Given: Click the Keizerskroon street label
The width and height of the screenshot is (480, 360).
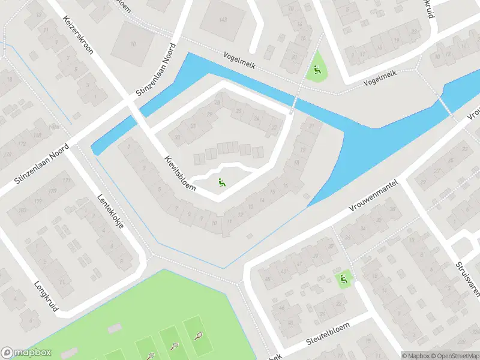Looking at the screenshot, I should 78,35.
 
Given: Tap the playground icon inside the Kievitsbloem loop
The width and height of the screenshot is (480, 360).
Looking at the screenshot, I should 222,182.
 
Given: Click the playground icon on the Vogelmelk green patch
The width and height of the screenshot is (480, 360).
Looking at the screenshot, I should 316,71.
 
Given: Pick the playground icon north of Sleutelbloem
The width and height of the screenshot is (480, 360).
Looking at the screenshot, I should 343,278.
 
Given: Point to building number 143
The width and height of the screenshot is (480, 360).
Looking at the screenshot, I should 223,20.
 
